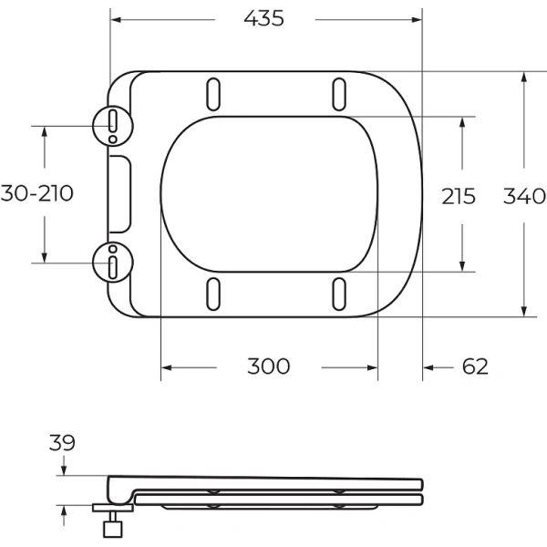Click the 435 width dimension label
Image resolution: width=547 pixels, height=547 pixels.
(x=264, y=18)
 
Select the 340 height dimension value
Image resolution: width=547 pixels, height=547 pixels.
(x=524, y=195)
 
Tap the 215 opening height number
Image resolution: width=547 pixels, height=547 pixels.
(x=459, y=195)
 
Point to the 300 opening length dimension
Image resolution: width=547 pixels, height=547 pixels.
(x=269, y=366)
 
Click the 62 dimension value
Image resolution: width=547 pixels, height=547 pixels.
(x=475, y=366)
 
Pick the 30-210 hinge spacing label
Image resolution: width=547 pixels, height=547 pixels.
(x=37, y=193)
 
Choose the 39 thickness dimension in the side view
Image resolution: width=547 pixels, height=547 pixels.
(x=63, y=444)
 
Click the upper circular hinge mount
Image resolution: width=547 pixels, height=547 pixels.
(x=112, y=125)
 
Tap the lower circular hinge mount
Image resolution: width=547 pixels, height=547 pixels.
(x=112, y=263)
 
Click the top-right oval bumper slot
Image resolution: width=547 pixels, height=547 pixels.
(x=338, y=94)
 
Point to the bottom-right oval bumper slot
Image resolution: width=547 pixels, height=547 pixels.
(x=338, y=294)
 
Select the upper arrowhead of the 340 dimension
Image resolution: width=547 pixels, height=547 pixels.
(x=524, y=77)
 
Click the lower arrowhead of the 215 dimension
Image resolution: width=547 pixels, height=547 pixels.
(x=465, y=264)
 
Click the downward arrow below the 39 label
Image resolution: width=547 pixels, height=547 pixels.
(x=63, y=469)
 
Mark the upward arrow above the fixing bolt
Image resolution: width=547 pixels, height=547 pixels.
(x=63, y=511)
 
